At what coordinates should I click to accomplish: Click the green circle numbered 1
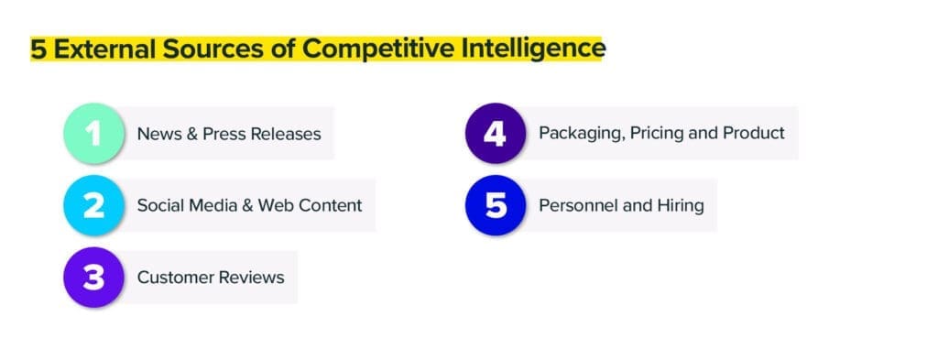click(x=93, y=134)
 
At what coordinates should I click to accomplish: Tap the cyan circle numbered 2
click(x=93, y=205)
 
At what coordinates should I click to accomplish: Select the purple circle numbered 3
click(x=93, y=277)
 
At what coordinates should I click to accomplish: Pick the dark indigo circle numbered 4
click(x=495, y=133)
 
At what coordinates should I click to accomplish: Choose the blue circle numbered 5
click(x=495, y=204)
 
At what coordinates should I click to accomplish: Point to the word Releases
click(x=288, y=134)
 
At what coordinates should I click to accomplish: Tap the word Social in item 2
click(x=159, y=205)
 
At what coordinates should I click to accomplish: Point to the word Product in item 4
click(x=754, y=133)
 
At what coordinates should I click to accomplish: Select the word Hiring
click(x=680, y=204)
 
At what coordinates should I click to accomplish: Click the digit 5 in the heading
click(x=38, y=49)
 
